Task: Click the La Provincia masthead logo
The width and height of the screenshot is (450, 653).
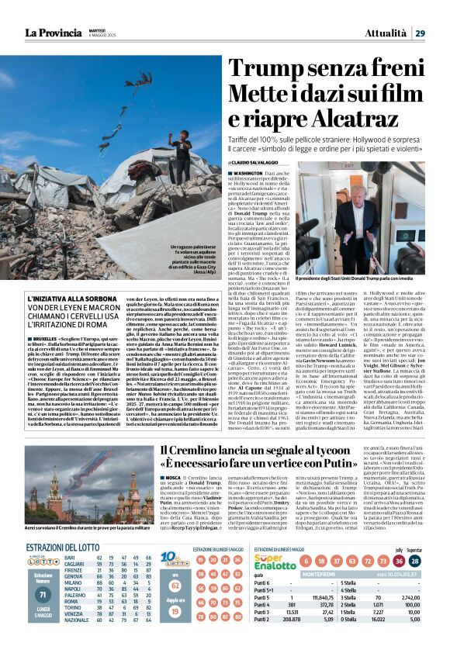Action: coord(55,11)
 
